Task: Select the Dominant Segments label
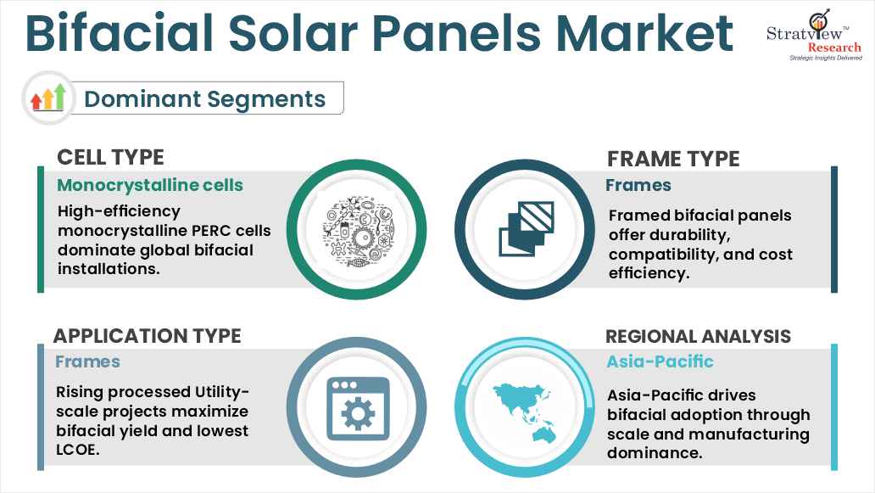click(x=204, y=98)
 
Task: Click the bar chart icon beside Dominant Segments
click(x=47, y=98)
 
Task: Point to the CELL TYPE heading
click(x=110, y=157)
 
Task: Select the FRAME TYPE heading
click(x=673, y=159)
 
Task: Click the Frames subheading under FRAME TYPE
click(x=638, y=185)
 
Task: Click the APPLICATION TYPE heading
click(x=148, y=335)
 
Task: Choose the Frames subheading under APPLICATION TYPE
click(x=88, y=361)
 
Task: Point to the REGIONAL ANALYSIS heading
click(x=698, y=336)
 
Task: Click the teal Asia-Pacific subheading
click(x=660, y=361)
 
